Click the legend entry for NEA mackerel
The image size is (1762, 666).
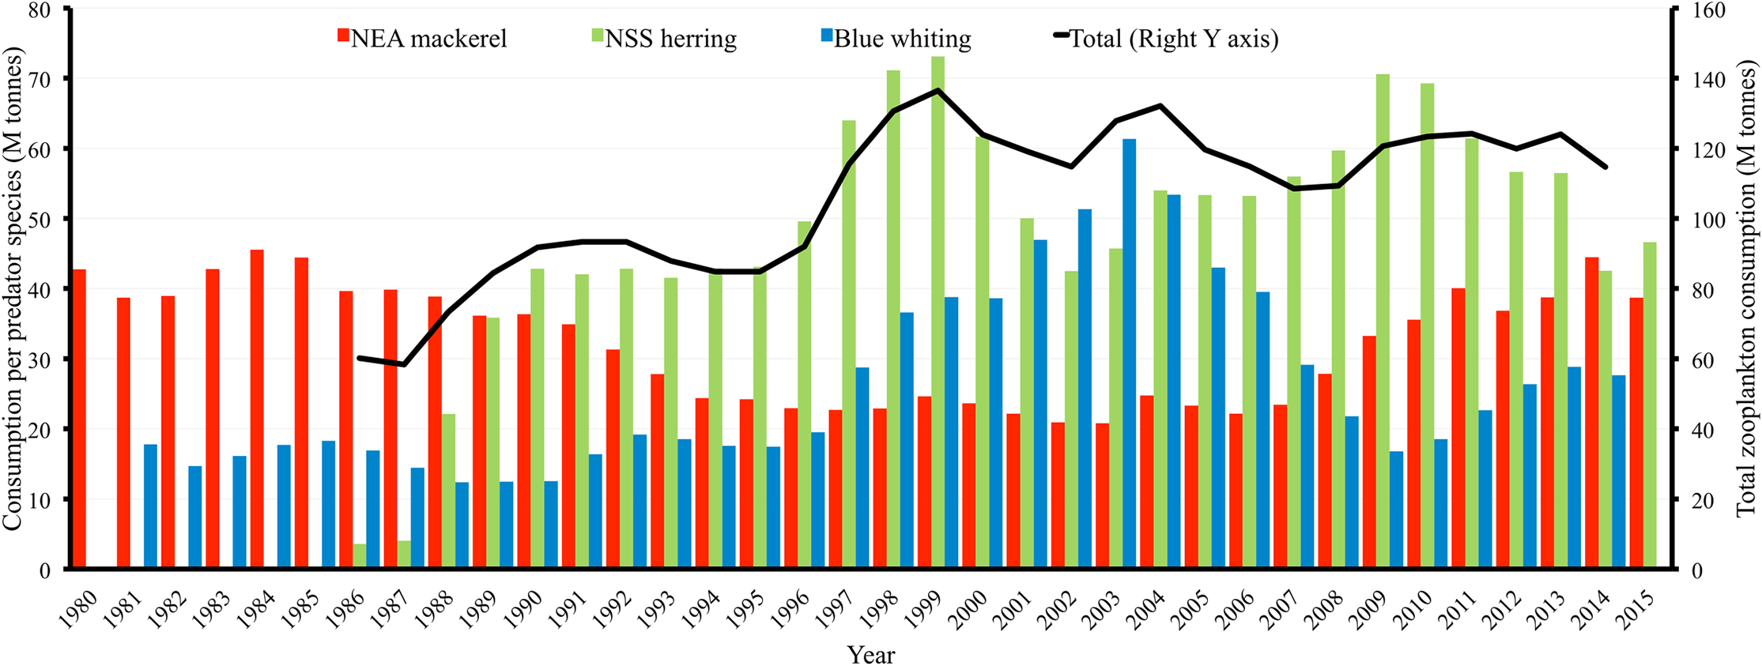422,38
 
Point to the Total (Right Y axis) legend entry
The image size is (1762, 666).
1165,38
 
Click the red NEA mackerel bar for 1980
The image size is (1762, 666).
79,419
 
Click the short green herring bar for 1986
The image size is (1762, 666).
360,555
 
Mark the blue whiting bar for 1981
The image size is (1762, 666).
150,506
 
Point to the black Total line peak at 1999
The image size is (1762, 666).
938,90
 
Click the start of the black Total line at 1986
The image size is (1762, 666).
360,358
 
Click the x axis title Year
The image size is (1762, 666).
871,654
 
